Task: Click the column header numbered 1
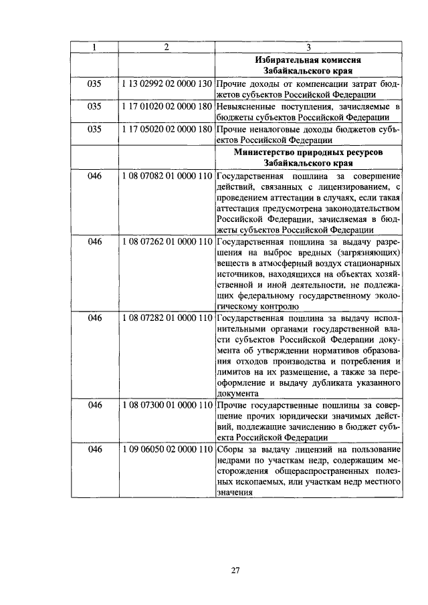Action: click(x=94, y=47)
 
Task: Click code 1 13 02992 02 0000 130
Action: click(x=167, y=85)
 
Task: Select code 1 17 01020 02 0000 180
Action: click(x=167, y=107)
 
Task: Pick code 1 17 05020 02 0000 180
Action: click(x=167, y=129)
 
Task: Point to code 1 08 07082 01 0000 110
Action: click(x=167, y=175)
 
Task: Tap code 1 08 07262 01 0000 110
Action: click(x=167, y=241)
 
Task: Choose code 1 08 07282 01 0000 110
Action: click(x=167, y=318)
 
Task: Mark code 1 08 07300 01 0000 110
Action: click(x=167, y=406)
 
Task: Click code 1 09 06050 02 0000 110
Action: click(x=167, y=450)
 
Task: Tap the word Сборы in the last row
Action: click(x=231, y=450)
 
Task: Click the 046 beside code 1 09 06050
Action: click(x=94, y=450)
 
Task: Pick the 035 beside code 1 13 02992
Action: click(x=94, y=85)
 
